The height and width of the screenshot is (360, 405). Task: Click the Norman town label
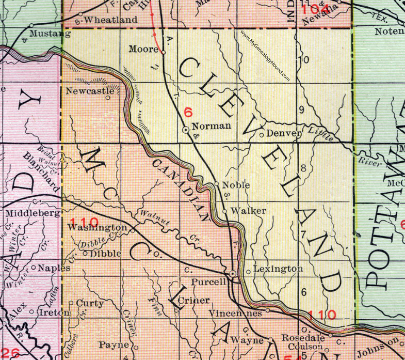208,126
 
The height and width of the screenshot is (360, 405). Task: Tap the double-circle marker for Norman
186,130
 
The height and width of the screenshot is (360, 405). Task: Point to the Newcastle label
90,91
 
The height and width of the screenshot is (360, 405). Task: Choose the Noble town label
236,184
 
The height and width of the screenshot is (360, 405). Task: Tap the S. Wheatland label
110,20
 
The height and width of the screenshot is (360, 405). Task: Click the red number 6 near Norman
188,110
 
